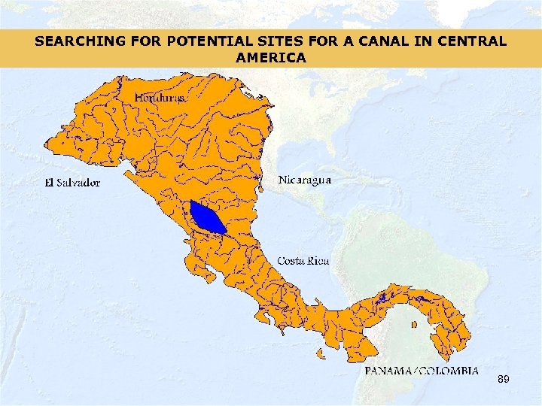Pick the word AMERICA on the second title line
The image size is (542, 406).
coord(270,57)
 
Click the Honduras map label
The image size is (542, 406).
coord(160,98)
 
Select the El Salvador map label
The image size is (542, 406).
coord(72,182)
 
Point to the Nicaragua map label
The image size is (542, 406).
coord(304,180)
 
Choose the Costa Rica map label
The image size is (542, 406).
coord(303,261)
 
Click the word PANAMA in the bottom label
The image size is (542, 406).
coord(389,371)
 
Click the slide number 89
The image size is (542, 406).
coord(503,380)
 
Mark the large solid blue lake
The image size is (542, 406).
coord(206,217)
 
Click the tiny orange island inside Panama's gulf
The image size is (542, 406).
coord(414,325)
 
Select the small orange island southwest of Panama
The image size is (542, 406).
coord(320,353)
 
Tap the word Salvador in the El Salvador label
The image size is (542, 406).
coord(79,182)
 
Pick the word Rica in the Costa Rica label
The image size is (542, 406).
coord(318,261)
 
